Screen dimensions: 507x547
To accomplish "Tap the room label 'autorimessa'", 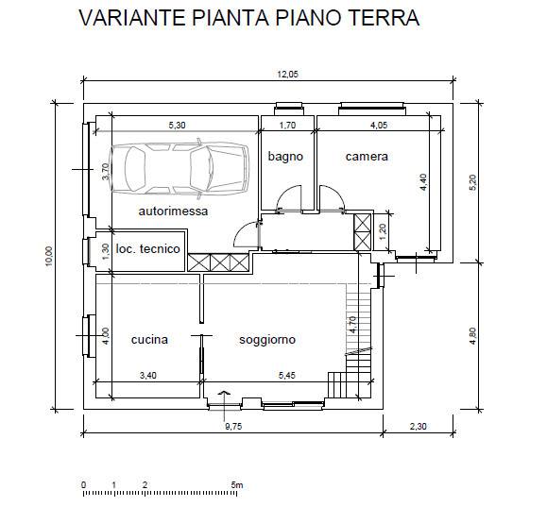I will point(173,211).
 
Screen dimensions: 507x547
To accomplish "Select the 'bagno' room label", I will point(284,156).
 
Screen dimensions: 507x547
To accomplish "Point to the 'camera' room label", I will point(367,156).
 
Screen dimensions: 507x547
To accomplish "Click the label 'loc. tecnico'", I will point(147,248).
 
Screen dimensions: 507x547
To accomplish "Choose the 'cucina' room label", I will point(149,340).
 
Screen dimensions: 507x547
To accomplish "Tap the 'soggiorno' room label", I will point(267,340).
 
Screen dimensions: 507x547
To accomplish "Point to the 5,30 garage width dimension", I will point(178,124).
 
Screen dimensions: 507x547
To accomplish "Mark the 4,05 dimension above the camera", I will point(378,124).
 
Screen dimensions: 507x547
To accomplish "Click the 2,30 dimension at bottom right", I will point(419,426).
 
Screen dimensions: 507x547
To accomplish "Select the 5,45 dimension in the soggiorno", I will point(287,376).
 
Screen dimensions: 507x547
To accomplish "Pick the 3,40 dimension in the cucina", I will point(149,376).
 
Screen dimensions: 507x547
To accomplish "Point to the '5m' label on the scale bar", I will point(237,485).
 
